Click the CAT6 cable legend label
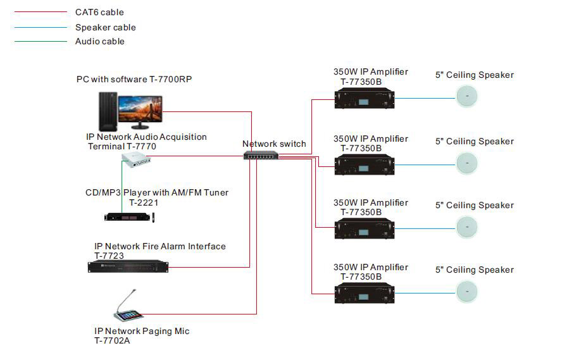pos(99,12)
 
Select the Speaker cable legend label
pos(105,27)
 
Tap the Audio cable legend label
pos(99,41)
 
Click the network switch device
pos(260,156)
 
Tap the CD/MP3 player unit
pos(129,217)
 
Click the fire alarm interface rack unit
pos(128,267)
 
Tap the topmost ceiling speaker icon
pos(467,97)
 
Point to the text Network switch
pos(274,144)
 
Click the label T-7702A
pos(112,340)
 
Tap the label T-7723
pos(109,256)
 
